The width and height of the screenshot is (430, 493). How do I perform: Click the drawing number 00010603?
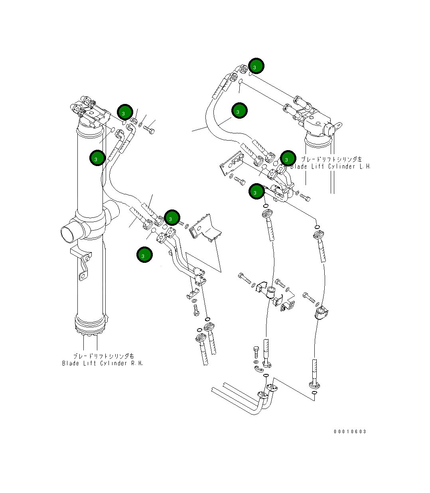pos(350,432)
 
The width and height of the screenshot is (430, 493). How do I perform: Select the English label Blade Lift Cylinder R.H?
pos(102,363)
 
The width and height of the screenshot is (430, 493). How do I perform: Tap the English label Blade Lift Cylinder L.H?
pos(330,166)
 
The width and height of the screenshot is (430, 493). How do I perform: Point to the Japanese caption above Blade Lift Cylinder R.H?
pos(103,356)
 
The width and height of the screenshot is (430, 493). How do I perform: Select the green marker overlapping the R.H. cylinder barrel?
pos(97,158)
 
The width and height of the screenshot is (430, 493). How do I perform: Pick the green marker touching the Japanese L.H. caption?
pos(288,158)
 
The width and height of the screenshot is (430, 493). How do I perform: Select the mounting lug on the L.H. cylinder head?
pos(336,126)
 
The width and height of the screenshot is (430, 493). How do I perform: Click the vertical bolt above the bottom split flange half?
pos(256,352)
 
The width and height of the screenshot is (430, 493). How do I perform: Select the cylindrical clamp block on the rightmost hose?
pos(322,313)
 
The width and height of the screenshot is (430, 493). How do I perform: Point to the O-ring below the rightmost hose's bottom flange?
pos(315,394)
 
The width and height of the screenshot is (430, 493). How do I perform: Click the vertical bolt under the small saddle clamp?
pos(196,309)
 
